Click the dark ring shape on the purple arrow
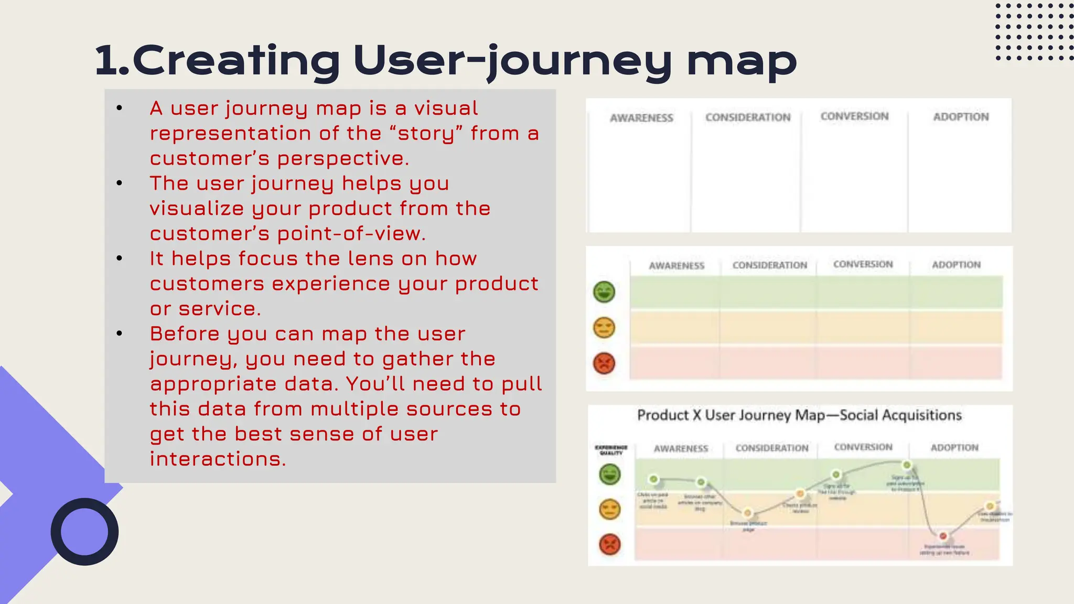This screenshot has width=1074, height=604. tap(84, 532)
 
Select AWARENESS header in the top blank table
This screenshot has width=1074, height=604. tap(641, 118)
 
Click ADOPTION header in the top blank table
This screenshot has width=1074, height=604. tap(961, 117)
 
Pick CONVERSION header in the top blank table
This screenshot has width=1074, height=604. tap(854, 116)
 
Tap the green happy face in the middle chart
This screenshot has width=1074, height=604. tap(604, 292)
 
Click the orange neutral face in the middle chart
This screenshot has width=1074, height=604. tap(604, 328)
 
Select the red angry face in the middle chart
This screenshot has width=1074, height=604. tap(604, 363)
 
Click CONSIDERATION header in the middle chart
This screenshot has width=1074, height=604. tap(769, 265)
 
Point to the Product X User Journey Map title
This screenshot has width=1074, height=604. tap(799, 415)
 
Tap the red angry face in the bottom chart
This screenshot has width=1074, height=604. tap(609, 544)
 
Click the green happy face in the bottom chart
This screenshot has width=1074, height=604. tap(609, 474)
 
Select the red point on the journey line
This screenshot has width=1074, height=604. tap(943, 536)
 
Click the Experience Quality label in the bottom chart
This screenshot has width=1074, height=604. tap(611, 450)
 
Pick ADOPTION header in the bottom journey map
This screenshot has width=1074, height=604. tap(954, 448)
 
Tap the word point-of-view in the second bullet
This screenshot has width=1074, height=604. tap(351, 234)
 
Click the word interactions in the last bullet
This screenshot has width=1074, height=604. tap(218, 459)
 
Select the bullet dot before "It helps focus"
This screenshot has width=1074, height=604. tap(120, 258)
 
